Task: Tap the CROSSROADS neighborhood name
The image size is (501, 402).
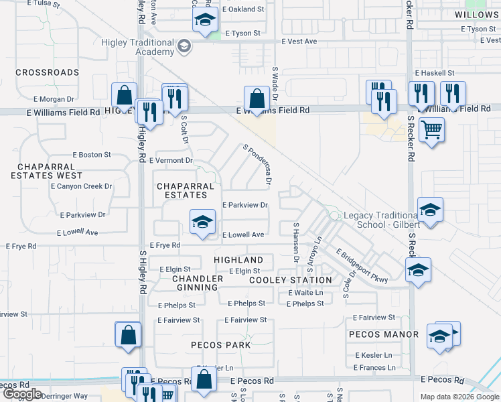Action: click(x=47, y=72)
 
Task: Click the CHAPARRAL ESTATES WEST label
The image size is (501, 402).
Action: click(x=51, y=171)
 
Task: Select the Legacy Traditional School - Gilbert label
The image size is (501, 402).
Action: click(x=380, y=220)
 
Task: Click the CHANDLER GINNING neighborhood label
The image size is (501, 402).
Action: click(x=198, y=283)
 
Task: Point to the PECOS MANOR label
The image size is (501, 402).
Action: click(x=384, y=334)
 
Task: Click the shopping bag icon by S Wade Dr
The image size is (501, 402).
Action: click(x=257, y=98)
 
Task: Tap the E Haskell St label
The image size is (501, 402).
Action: click(x=435, y=72)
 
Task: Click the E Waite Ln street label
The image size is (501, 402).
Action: click(x=305, y=293)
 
